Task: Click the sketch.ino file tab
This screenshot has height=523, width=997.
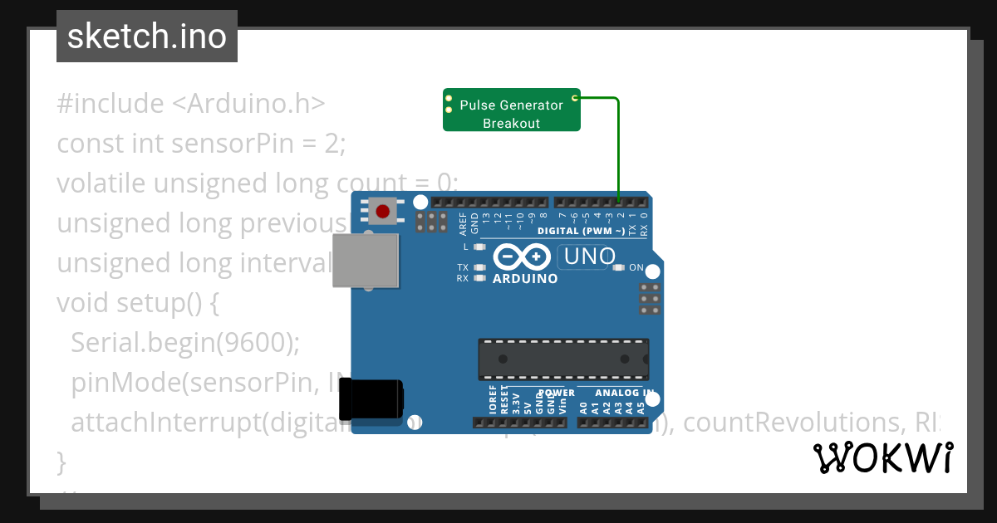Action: pos(147,37)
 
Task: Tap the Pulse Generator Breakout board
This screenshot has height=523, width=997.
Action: pos(511,110)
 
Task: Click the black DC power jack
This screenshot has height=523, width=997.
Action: pos(376,399)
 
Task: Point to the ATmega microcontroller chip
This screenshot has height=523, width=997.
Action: pos(562,359)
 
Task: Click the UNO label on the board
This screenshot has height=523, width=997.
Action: pos(589,257)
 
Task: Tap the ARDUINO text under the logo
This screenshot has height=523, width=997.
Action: pos(525,279)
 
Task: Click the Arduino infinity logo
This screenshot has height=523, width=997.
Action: pos(523,257)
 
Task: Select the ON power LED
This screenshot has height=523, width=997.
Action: pos(618,267)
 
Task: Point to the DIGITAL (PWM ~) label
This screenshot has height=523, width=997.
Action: pos(581,231)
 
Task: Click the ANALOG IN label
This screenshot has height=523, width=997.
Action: pos(624,392)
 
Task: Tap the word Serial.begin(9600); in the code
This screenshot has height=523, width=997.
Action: pos(186,343)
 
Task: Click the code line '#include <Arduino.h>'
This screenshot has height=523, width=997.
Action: pos(191,104)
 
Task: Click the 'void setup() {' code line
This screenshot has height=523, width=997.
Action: pos(138,303)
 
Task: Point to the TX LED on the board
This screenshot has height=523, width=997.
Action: pos(478,267)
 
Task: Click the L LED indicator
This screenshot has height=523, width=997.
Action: pos(478,247)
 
